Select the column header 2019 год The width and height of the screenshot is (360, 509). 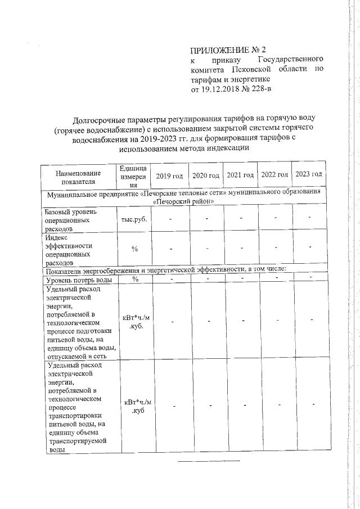pyautogui.click(x=169, y=176)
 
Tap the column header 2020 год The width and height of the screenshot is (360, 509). pyautogui.click(x=205, y=176)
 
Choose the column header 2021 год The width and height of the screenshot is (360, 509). pyautogui.click(x=240, y=175)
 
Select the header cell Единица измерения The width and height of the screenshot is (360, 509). pyautogui.click(x=133, y=176)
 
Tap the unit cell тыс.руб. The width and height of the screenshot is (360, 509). pyautogui.click(x=133, y=219)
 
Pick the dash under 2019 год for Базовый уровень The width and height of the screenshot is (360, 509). pyautogui.click(x=170, y=219)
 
